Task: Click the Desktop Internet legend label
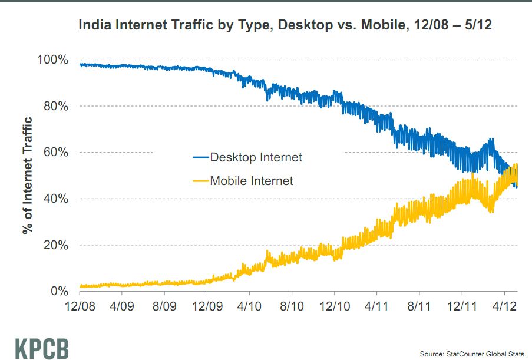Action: point(256,157)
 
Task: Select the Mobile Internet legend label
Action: point(251,181)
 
